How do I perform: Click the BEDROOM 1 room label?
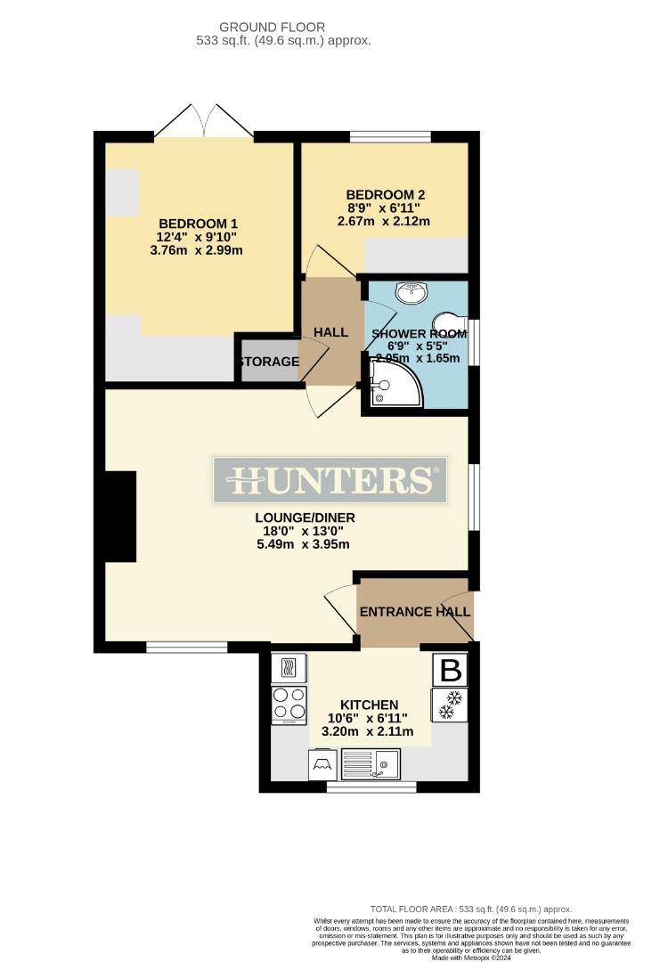click(200, 223)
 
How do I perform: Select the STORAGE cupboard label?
click(268, 362)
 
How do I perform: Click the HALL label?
click(330, 332)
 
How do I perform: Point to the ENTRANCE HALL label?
click(414, 612)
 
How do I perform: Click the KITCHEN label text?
click(368, 704)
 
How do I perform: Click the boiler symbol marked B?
click(451, 668)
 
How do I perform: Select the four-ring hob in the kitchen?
click(289, 704)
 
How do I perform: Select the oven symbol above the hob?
click(289, 668)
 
